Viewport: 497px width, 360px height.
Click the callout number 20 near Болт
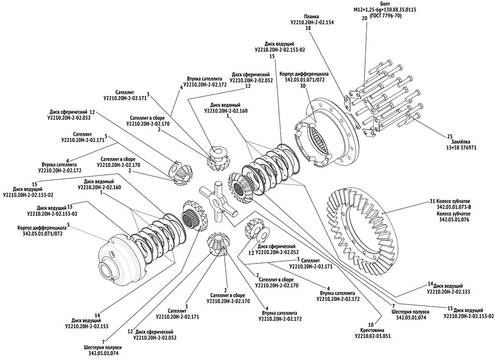click(364, 18)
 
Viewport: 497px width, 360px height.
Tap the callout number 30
click(302, 86)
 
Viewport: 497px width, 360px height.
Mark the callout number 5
click(68, 226)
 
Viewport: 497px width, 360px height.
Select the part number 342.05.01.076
click(454, 220)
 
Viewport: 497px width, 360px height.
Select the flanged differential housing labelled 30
click(332, 135)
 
